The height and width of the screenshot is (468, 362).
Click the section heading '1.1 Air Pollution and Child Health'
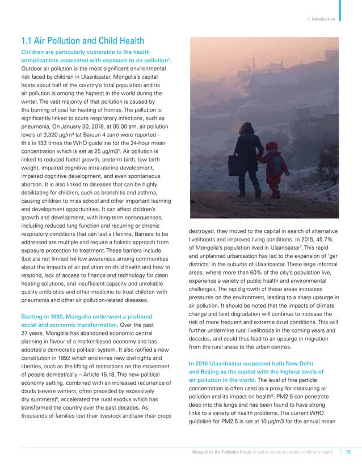click(x=82, y=40)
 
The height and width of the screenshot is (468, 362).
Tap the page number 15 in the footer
click(x=347, y=452)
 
